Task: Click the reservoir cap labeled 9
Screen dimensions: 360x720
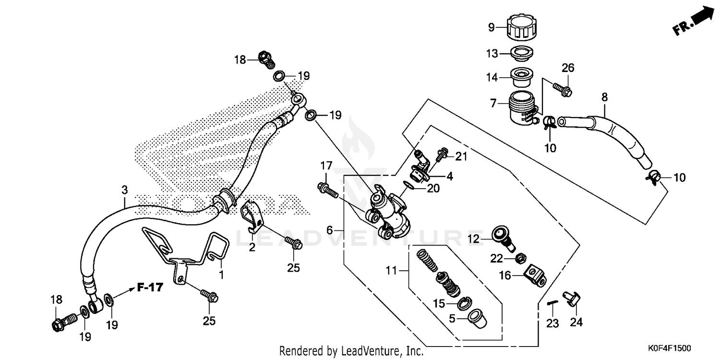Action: (x=520, y=28)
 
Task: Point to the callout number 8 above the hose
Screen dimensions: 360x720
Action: (x=604, y=97)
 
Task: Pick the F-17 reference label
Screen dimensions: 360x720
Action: (x=150, y=288)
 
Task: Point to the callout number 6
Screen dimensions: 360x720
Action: (x=329, y=230)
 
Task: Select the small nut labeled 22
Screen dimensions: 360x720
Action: (x=518, y=260)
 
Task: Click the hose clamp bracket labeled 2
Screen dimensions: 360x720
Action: (x=251, y=216)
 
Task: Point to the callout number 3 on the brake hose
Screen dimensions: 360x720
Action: (x=124, y=190)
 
